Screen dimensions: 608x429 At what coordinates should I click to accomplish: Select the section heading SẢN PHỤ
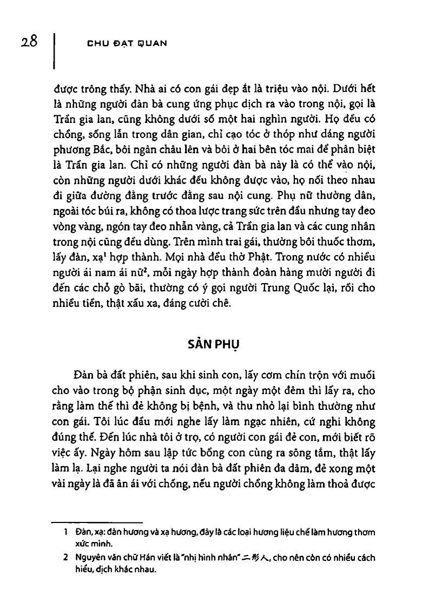coord(214,345)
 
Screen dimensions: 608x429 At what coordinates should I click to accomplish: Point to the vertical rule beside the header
coord(56,51)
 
